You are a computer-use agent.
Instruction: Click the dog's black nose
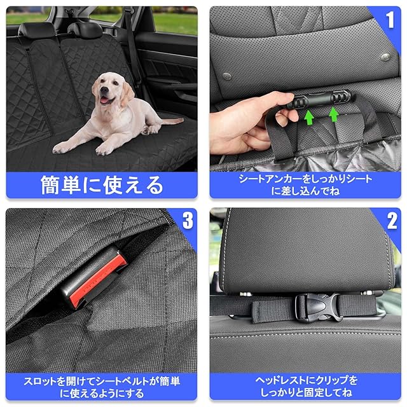click(x=104, y=90)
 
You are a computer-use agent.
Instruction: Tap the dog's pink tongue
click(x=104, y=100)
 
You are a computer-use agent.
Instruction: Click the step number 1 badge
click(x=390, y=20)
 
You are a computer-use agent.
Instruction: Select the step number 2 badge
click(x=392, y=221)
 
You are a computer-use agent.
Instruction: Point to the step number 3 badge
click(x=188, y=221)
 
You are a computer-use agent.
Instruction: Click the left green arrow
click(x=308, y=117)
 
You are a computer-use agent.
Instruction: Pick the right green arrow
click(x=333, y=114)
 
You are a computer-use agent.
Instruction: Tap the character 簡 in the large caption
click(x=50, y=185)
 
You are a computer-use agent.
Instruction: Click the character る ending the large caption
click(x=155, y=185)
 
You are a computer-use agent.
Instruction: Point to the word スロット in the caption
click(x=40, y=382)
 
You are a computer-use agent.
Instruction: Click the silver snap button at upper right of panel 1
click(x=385, y=57)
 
